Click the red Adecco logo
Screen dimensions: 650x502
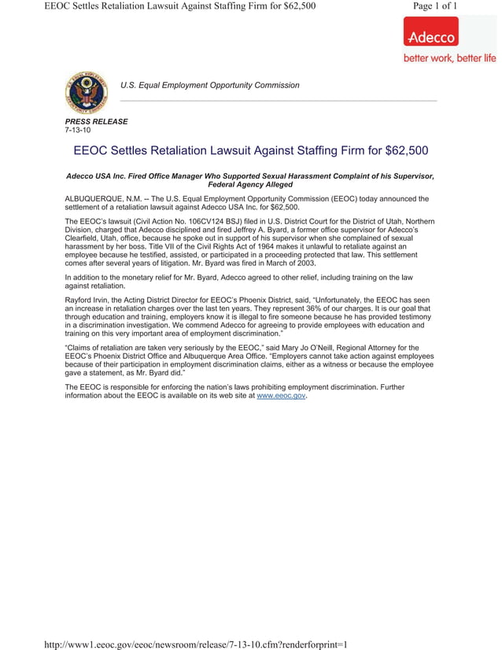[430, 35]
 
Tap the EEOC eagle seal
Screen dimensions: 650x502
[86, 92]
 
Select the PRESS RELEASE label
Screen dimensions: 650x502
[96, 122]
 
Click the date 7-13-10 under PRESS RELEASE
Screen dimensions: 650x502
[78, 131]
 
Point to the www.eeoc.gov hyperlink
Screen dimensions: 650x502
[281, 396]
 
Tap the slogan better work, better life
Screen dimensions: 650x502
[449, 58]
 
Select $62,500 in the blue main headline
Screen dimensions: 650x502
[401, 150]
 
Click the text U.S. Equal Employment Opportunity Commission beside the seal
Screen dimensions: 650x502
[209, 85]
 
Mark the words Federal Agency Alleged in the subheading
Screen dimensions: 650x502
[249, 184]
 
